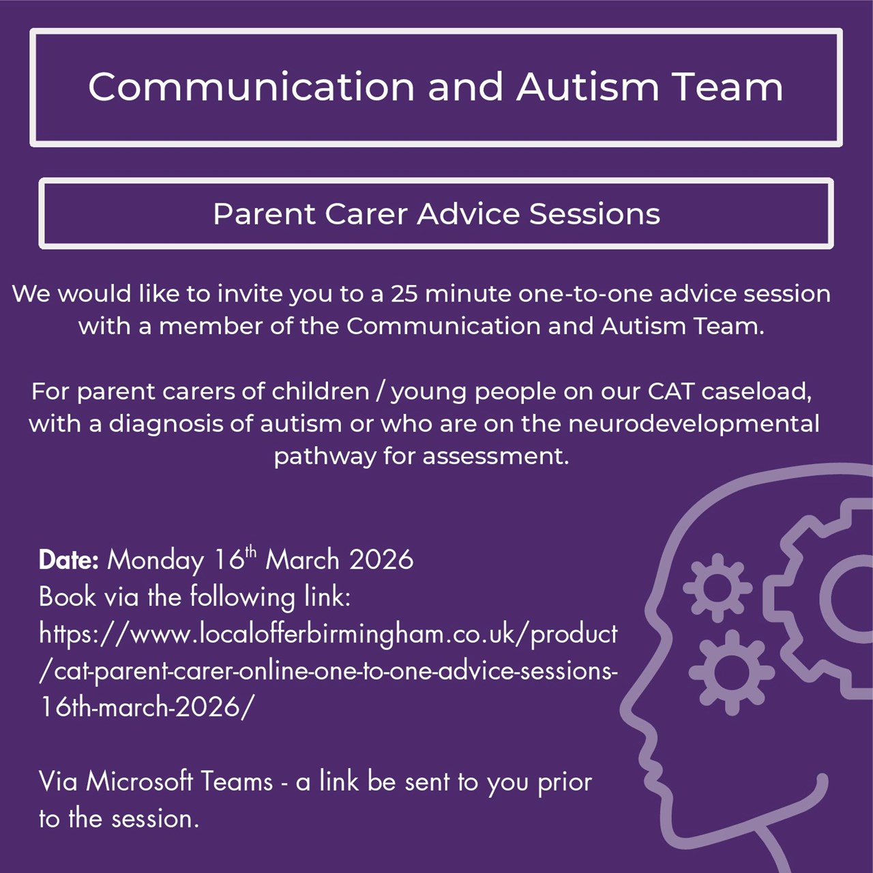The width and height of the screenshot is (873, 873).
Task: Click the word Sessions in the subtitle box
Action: click(594, 214)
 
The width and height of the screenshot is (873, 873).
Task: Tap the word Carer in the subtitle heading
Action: click(366, 214)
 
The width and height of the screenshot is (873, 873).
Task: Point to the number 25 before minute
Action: click(405, 294)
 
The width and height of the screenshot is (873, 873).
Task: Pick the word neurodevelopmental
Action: click(694, 424)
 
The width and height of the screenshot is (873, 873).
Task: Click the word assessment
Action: click(496, 457)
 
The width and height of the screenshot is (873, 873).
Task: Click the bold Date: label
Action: click(68, 560)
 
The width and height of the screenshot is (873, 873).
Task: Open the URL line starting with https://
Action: click(329, 634)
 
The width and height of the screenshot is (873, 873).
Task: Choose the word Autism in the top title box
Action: click(588, 87)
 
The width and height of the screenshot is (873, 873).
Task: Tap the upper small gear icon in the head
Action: click(717, 588)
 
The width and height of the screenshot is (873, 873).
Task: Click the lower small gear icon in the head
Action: click(732, 672)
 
